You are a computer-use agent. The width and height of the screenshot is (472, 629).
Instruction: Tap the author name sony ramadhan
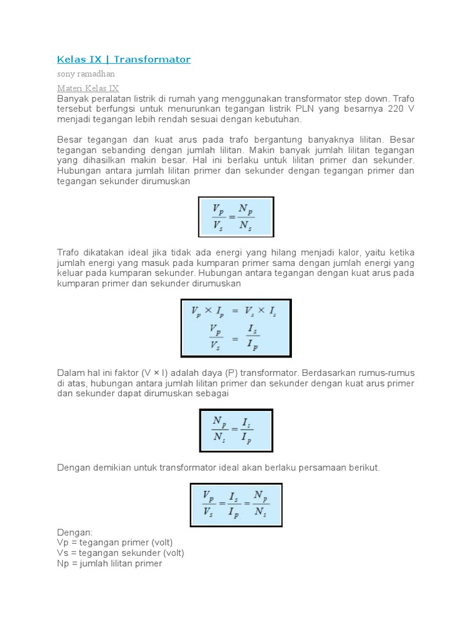pos(85,74)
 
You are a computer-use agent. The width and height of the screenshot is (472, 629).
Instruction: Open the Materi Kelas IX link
pos(88,88)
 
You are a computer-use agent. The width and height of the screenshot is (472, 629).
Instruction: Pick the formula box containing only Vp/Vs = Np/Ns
pos(236,216)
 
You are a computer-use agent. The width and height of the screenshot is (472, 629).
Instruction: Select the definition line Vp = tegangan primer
pos(115,542)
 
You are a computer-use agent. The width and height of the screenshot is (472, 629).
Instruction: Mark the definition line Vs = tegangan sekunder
pos(120,553)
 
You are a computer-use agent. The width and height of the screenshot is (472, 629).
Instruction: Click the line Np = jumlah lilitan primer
pos(109,563)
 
